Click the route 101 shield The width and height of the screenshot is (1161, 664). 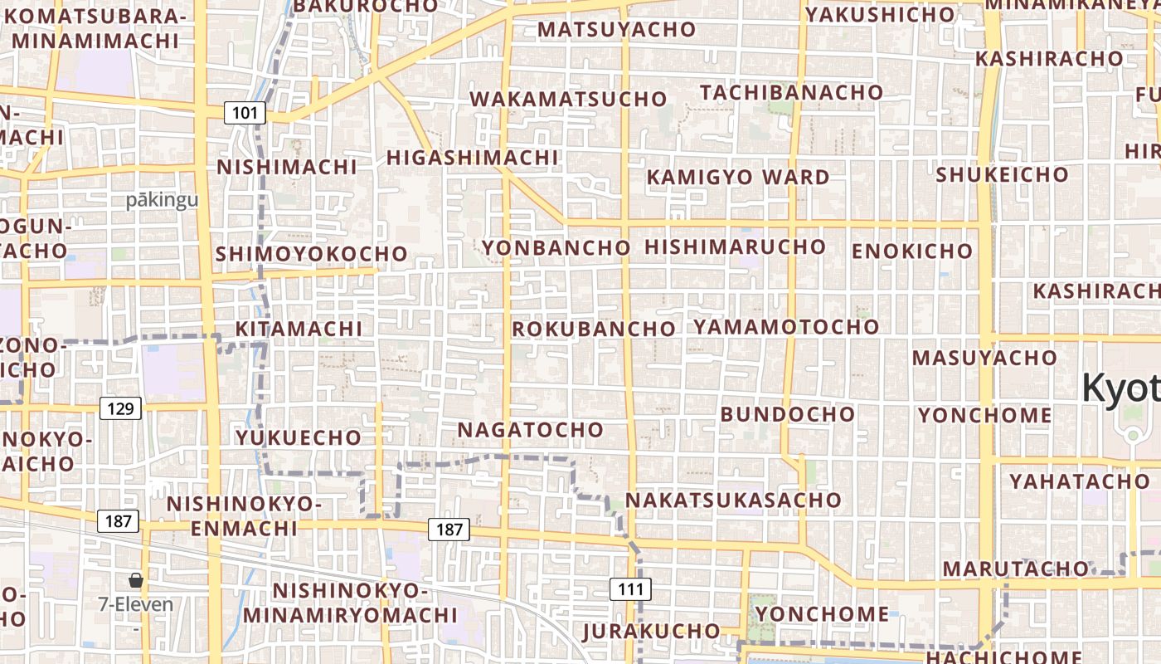coord(245,113)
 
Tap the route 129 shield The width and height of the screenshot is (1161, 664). coord(120,408)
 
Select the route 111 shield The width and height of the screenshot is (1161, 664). coord(631,589)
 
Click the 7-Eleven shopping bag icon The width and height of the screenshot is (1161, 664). coord(135,580)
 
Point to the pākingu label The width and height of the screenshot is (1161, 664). coord(163,200)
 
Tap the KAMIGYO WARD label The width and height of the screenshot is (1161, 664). coord(738,177)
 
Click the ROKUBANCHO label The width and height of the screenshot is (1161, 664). coord(594,329)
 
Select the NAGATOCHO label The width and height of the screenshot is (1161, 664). coord(531,430)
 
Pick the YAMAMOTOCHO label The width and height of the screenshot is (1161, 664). coord(786,326)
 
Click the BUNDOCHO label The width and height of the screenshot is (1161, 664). coord(788,413)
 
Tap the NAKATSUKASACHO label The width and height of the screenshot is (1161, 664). coord(733,500)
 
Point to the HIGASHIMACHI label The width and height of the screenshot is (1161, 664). coord(473,158)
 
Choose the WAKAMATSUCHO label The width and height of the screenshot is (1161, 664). coord(568,100)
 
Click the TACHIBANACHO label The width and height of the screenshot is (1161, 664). coord(791,92)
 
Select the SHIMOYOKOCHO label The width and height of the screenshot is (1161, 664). coord(312,254)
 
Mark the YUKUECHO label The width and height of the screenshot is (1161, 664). coord(299,437)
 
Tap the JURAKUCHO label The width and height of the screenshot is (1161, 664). coord(651,630)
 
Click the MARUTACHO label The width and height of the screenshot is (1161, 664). coord(1016,569)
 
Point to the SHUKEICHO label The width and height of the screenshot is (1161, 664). coord(1002,175)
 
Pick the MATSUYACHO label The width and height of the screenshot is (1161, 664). coord(617,30)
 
